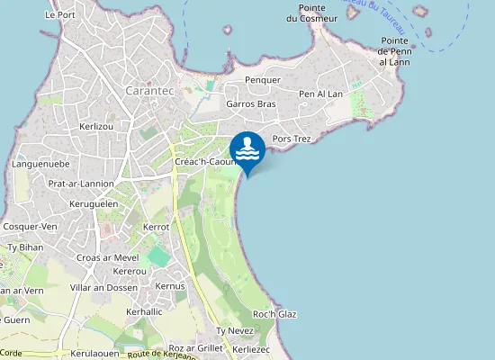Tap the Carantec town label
coord(151,91)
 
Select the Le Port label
coord(59,15)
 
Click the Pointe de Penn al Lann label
coord(395,51)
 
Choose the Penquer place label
coord(264,80)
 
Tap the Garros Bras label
coord(251,104)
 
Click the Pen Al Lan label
coord(320,94)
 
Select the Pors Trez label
coord(291,139)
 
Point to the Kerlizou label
coord(96,127)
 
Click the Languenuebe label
coord(41,165)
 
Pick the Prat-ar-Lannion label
coord(81,184)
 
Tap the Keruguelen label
coord(94,204)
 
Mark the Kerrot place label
coord(157,228)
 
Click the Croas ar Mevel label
coord(108,257)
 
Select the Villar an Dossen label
coord(103,288)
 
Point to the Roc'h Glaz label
coord(275,314)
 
